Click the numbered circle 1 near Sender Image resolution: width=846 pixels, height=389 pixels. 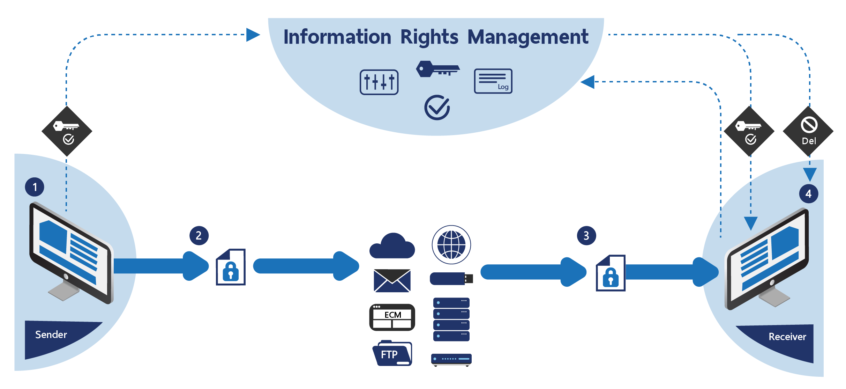point(35,187)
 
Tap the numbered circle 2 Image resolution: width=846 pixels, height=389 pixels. point(199,236)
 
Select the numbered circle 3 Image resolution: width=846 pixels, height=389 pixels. point(586,236)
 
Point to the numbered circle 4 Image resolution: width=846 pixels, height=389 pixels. point(808,194)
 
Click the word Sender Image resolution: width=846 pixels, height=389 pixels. point(51,335)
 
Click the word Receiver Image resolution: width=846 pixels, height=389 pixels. point(787,337)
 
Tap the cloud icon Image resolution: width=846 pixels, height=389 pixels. point(392,246)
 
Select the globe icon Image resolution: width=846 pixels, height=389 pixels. point(451,244)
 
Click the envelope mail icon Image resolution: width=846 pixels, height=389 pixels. point(392,280)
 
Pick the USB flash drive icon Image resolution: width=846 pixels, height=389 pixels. point(451,279)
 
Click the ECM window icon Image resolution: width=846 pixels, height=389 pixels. point(392,317)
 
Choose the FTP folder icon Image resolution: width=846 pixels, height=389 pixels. point(392,354)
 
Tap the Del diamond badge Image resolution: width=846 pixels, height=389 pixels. point(808,131)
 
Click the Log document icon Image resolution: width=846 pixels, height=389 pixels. point(493,81)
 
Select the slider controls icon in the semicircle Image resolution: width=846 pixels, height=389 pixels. point(379,82)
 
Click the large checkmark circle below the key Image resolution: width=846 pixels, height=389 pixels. point(437,108)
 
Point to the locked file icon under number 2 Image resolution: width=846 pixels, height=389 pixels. point(231,267)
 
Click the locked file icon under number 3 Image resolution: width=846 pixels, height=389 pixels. point(611,273)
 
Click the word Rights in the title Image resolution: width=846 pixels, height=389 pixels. point(429,37)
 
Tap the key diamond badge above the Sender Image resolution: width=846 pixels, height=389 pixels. point(67,131)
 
